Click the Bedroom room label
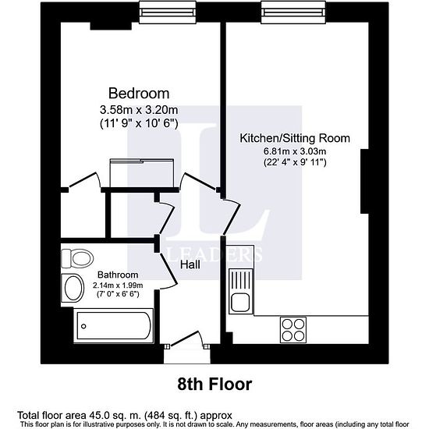coord(139,94)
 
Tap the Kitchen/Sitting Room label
coord(295,138)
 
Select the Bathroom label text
coord(118,275)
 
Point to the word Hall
coord(190,264)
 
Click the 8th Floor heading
coord(214,384)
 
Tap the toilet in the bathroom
coord(77,258)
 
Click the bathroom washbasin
coord(73,288)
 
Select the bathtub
coord(113,325)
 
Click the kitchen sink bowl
coord(240,303)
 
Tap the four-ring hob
coord(293,330)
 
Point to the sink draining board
coord(240,280)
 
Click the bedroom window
coord(168,12)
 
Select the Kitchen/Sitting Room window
coord(293,12)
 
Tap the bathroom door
coord(168,270)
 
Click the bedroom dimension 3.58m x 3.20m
coord(139,110)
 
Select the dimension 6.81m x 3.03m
coord(295,151)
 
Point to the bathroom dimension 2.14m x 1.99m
coord(118,285)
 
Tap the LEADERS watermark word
coord(214,254)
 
